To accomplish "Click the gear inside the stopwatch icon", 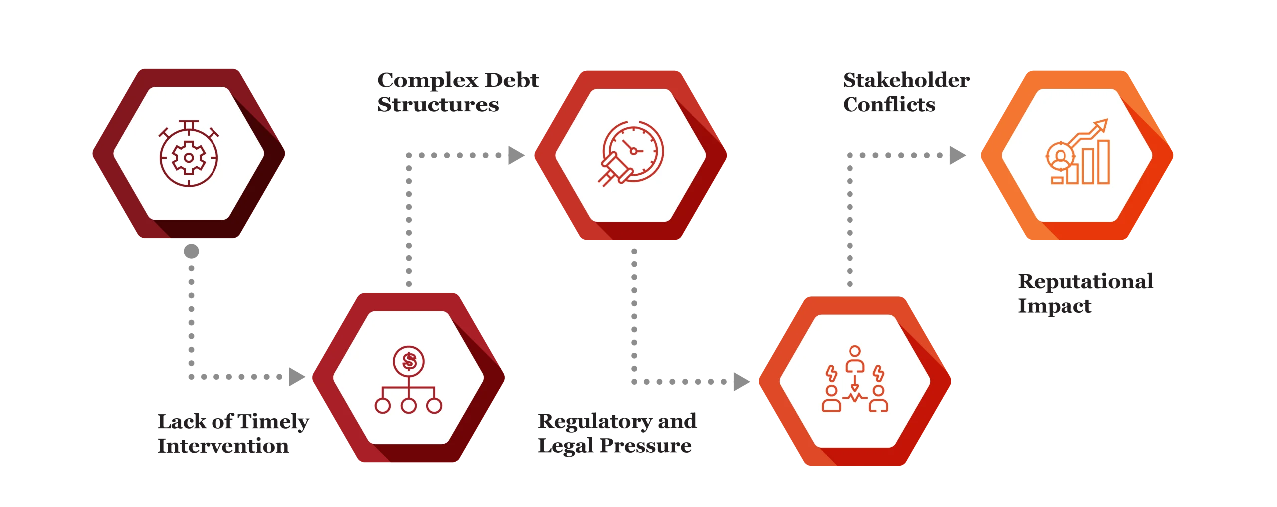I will pyautogui.click(x=189, y=158).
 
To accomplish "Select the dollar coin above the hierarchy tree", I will pyautogui.click(x=409, y=361).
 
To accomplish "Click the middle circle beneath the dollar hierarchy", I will pyautogui.click(x=409, y=405).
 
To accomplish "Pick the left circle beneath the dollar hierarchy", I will pyautogui.click(x=383, y=405).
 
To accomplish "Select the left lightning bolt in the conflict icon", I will pyautogui.click(x=831, y=374).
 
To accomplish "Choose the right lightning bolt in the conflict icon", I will pyautogui.click(x=878, y=374).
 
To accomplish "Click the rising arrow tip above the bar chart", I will pyautogui.click(x=1103, y=124).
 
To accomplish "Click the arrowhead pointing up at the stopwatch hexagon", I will pyautogui.click(x=190, y=251).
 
